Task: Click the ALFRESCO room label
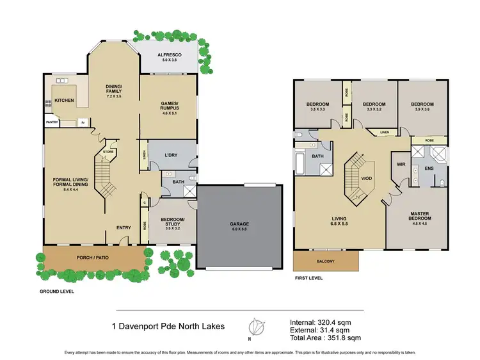pyautogui.click(x=170, y=56)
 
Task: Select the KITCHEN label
pyautogui.click(x=64, y=101)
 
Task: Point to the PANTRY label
pyautogui.click(x=52, y=122)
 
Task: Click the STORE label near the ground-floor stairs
pyautogui.click(x=109, y=152)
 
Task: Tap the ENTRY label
pyautogui.click(x=124, y=227)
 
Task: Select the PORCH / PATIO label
pyautogui.click(x=92, y=258)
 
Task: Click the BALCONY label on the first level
pyautogui.click(x=326, y=261)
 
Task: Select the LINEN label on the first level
pyautogui.click(x=383, y=133)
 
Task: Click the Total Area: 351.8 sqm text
pyautogui.click(x=325, y=336)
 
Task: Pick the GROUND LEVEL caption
pyautogui.click(x=57, y=291)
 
